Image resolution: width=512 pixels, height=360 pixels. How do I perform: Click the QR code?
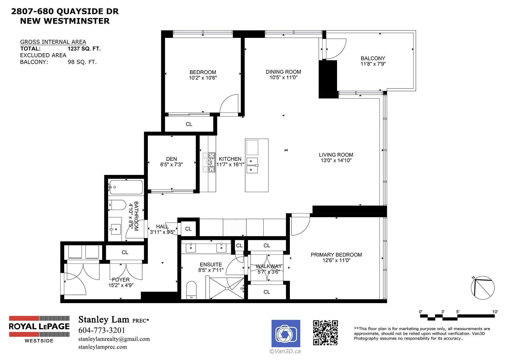click(325, 333)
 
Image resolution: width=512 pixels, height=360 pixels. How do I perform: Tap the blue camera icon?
click(286, 334)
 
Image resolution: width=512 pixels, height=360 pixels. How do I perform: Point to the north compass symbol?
click(483, 288)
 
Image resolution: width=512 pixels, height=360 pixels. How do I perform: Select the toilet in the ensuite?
click(191, 290)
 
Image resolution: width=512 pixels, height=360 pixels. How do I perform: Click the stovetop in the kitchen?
click(209, 163)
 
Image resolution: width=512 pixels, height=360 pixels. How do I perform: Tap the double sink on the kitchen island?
click(252, 165)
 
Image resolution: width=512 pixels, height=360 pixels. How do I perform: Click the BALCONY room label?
click(373, 58)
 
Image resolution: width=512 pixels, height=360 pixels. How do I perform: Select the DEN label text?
click(172, 159)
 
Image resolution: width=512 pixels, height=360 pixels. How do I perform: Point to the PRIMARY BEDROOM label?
click(336, 255)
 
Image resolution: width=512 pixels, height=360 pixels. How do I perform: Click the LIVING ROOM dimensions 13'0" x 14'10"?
click(336, 161)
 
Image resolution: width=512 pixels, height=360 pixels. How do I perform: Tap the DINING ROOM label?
click(283, 72)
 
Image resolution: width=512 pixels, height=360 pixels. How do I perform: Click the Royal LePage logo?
click(39, 329)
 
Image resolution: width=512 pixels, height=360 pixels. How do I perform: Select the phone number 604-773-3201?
click(102, 330)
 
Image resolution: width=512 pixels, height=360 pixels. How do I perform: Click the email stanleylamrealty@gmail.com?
click(114, 339)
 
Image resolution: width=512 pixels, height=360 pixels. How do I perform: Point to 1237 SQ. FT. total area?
click(84, 49)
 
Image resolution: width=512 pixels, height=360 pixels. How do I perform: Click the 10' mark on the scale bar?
click(495, 312)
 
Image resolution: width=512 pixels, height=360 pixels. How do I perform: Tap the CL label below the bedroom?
click(189, 124)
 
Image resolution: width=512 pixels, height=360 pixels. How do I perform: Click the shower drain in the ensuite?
click(227, 289)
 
